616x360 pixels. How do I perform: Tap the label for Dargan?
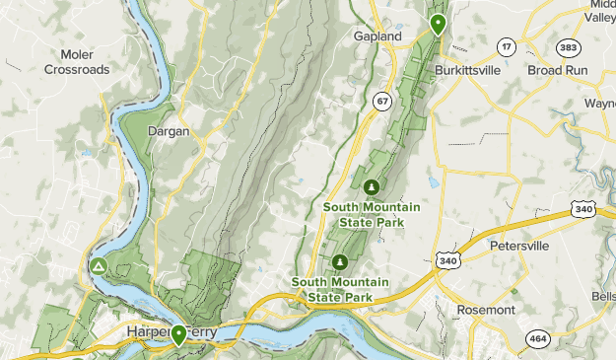click(168, 130)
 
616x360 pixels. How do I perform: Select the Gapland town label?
click(378, 36)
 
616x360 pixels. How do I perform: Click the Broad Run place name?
click(557, 71)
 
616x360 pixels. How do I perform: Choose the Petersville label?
click(519, 244)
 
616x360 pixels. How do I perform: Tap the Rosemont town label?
click(486, 310)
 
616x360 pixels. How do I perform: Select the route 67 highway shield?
click(381, 101)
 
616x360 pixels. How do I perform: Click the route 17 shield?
click(506, 46)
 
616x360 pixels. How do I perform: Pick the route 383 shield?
click(568, 46)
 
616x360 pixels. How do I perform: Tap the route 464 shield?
click(537, 337)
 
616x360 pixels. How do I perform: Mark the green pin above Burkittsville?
click(437, 24)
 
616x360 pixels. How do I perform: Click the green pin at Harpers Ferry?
click(178, 334)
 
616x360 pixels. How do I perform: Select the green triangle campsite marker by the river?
click(99, 266)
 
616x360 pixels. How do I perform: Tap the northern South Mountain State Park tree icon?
click(372, 186)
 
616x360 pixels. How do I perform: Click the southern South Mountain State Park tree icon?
click(339, 261)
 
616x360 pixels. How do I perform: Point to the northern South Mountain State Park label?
click(372, 214)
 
